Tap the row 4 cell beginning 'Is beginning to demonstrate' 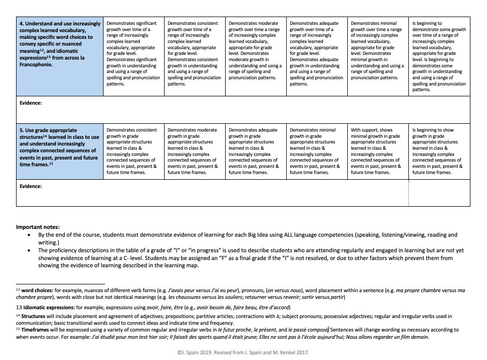[439, 56]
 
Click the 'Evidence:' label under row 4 [31, 103]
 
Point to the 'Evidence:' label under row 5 [31, 186]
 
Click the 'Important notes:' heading [38, 227]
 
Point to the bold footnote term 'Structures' [34, 316]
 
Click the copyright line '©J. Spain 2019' [243, 352]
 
